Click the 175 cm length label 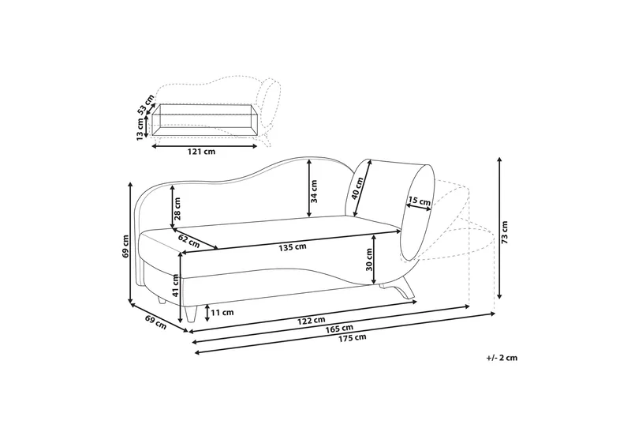(352, 337)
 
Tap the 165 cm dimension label (339, 329)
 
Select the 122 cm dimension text (311, 320)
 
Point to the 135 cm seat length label (293, 246)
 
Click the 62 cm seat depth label (189, 241)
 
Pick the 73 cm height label (505, 232)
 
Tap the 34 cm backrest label (314, 191)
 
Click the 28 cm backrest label (177, 209)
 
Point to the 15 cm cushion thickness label (420, 201)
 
